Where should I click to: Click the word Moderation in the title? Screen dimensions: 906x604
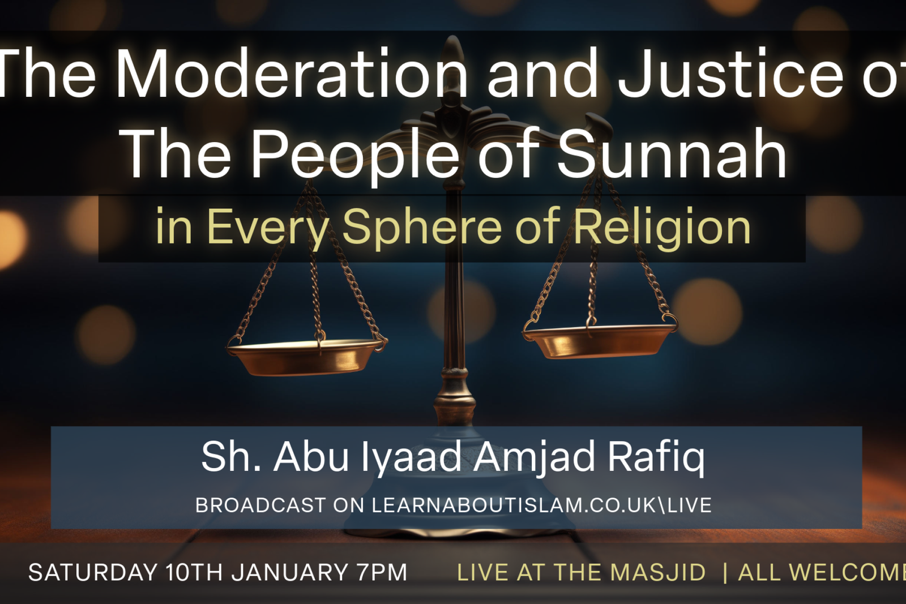291,74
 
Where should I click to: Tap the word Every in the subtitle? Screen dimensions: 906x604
267,226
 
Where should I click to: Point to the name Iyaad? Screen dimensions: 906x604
410,457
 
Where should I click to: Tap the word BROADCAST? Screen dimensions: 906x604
260,506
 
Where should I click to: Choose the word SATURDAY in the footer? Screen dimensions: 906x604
93,572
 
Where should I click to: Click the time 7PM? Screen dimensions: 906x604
382,572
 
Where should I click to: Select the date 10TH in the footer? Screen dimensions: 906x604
194,572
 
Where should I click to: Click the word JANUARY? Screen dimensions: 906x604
290,572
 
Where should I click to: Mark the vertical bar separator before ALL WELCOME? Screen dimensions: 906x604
725,572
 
